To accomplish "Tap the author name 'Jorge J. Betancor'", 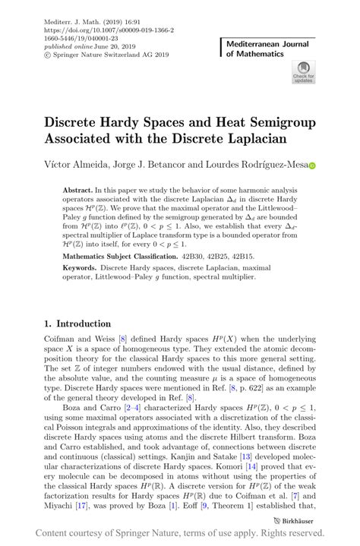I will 161,164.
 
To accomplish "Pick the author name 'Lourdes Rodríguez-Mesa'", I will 262,164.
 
